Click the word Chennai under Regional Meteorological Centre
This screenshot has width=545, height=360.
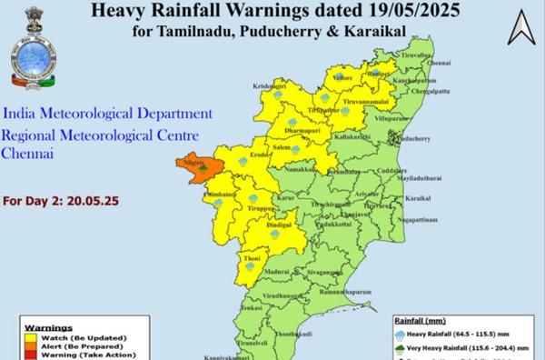pos(27,155)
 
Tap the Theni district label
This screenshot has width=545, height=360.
pos(252,258)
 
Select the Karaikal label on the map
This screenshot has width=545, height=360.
pos(417,197)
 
